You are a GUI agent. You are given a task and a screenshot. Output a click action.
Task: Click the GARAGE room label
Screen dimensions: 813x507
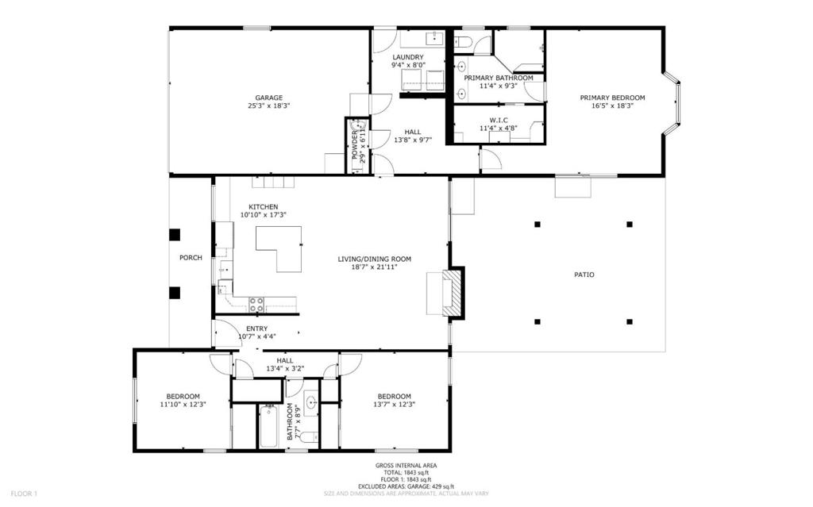pyautogui.click(x=268, y=98)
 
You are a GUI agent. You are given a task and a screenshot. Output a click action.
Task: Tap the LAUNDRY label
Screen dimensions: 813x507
pyautogui.click(x=408, y=57)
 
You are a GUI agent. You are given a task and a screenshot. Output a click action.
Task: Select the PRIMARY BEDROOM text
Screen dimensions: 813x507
pyautogui.click(x=612, y=98)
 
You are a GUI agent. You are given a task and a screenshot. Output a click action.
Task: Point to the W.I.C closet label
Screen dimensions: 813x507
pyautogui.click(x=499, y=121)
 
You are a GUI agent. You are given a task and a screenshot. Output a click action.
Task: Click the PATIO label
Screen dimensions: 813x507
pyautogui.click(x=584, y=275)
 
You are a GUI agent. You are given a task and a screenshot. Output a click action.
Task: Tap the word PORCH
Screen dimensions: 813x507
pyautogui.click(x=191, y=258)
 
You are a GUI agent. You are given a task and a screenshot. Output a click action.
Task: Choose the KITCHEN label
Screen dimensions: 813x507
pyautogui.click(x=264, y=207)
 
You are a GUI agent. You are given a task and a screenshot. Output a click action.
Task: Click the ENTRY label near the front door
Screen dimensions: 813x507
pyautogui.click(x=257, y=328)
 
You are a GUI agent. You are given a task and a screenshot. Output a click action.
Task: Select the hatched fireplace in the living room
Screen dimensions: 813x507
pyautogui.click(x=453, y=292)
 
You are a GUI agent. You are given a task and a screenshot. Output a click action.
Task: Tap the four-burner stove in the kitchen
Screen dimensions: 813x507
pyautogui.click(x=256, y=305)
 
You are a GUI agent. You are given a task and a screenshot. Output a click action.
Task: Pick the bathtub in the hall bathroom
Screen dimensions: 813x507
pyautogui.click(x=268, y=427)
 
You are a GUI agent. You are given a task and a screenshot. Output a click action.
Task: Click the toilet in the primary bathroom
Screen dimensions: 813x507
pyautogui.click(x=464, y=41)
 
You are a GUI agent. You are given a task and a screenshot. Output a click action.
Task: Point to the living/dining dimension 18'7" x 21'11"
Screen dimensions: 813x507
pyautogui.click(x=375, y=267)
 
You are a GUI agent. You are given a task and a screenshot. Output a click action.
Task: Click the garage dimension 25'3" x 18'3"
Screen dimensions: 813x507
pyautogui.click(x=268, y=106)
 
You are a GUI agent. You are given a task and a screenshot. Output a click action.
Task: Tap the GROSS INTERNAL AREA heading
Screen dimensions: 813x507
pyautogui.click(x=406, y=466)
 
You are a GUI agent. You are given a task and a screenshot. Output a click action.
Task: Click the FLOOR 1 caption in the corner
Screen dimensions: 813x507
pyautogui.click(x=25, y=494)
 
